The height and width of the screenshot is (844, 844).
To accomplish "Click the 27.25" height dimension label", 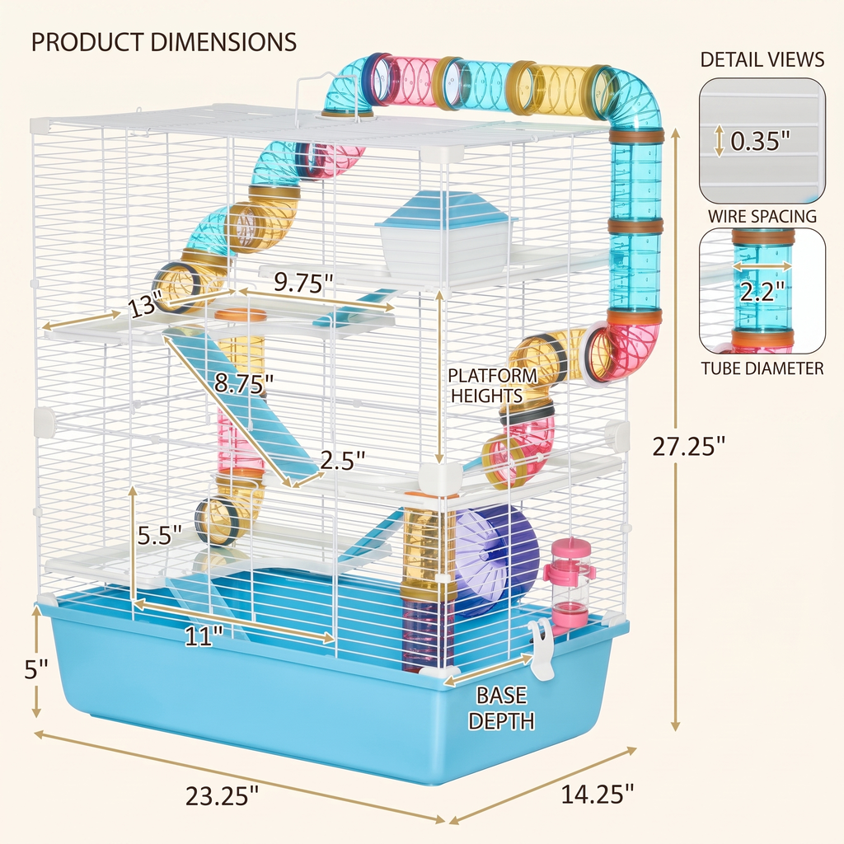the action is point(689,446).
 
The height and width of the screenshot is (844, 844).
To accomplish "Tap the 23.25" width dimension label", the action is point(222,796).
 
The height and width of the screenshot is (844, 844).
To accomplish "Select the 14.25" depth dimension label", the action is point(598,794).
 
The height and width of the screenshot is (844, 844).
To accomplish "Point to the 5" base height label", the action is point(36,669).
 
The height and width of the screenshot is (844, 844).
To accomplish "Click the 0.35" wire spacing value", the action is point(760,141).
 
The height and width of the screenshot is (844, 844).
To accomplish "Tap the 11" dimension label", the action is point(204,637).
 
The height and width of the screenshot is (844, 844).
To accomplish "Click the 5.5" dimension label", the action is point(159,535).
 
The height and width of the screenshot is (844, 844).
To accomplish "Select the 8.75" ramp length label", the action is point(244,383).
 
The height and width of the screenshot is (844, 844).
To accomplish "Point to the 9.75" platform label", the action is point(303,282).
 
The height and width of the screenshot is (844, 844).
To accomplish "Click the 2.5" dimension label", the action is point(343,460).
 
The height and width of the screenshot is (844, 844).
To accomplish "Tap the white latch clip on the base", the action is point(542,649).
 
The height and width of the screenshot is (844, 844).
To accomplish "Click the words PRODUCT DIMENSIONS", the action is point(164,42).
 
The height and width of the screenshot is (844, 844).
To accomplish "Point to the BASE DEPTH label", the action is point(501,708).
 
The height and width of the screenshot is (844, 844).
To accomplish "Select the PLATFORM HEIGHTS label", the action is point(492,386).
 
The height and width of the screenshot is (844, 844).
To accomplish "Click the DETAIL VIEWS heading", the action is point(762,59).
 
